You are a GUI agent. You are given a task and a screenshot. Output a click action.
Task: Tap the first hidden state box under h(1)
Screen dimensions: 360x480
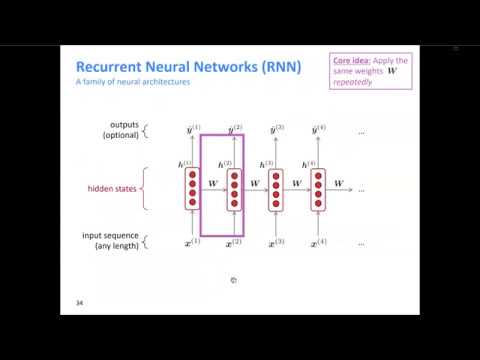point(192,188)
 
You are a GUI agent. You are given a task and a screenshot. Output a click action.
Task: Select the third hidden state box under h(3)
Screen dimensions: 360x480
point(276,188)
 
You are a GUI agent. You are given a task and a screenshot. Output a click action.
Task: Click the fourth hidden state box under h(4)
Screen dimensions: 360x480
point(318,188)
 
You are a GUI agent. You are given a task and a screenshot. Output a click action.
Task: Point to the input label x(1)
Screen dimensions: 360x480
point(193,243)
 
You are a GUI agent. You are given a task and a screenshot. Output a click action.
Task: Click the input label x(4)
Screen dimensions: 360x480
point(319,243)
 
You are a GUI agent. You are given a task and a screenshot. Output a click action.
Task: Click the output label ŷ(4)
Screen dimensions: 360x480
point(319,129)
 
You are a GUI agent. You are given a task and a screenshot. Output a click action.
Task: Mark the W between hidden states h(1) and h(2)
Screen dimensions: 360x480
point(212,183)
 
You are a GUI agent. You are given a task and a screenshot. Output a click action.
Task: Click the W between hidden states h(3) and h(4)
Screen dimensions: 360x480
point(297,183)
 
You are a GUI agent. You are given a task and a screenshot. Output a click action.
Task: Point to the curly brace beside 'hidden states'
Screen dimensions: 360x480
point(151,187)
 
